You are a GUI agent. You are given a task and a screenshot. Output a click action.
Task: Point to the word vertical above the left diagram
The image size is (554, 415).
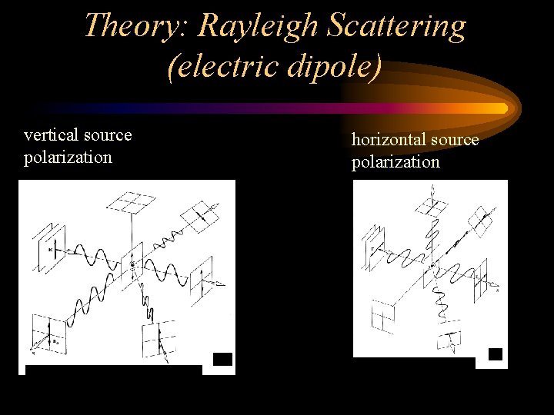[x=50, y=135]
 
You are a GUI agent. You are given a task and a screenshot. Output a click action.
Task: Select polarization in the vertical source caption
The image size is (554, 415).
[x=68, y=158]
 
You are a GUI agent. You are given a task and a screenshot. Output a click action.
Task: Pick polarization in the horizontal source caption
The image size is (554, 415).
[x=395, y=162]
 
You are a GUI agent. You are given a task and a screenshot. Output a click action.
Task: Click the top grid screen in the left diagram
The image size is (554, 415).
[x=132, y=203]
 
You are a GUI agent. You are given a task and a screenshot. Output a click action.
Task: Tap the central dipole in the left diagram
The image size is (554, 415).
[x=133, y=264]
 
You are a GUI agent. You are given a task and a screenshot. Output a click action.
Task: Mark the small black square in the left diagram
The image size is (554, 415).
[x=222, y=358]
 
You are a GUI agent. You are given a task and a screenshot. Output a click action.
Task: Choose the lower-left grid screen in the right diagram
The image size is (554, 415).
[x=382, y=314]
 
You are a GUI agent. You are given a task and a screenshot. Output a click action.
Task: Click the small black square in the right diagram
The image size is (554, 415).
[x=496, y=354]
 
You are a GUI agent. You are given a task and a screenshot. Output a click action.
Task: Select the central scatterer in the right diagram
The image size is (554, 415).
[x=432, y=264]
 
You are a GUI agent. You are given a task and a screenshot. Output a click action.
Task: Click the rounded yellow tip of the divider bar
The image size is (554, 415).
[x=503, y=108]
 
